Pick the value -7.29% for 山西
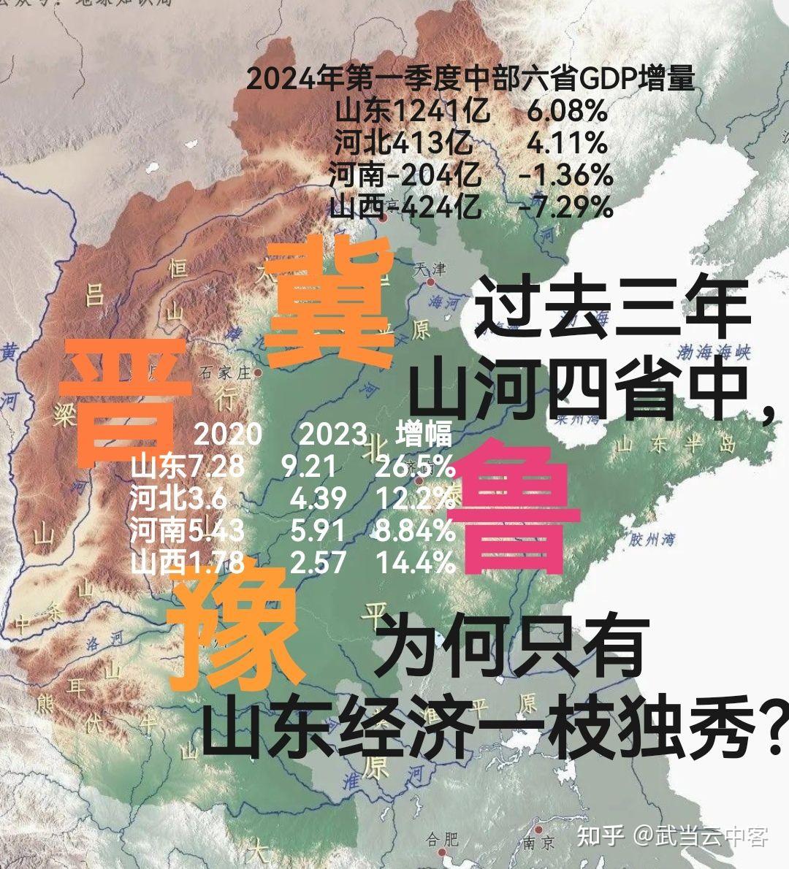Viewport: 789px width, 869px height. (x=565, y=207)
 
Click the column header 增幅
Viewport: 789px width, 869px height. (x=424, y=435)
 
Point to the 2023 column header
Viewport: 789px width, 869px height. (x=332, y=435)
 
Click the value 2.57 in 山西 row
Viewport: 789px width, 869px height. (x=318, y=563)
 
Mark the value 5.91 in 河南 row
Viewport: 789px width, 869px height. (x=318, y=531)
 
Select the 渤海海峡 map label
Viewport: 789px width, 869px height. (x=714, y=352)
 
